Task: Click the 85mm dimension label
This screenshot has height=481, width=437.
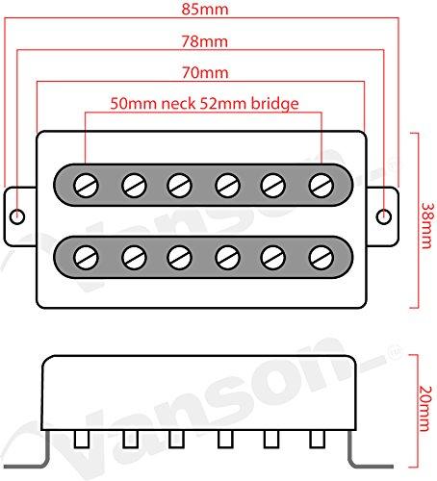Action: (x=205, y=9)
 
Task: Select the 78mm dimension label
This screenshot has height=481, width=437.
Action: (x=205, y=41)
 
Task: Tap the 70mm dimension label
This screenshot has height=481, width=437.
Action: (x=205, y=72)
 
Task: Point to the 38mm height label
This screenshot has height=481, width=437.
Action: (x=426, y=225)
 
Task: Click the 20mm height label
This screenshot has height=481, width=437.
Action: (x=425, y=409)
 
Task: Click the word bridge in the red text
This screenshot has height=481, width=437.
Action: (x=274, y=104)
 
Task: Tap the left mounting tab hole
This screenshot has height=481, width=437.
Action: (x=17, y=216)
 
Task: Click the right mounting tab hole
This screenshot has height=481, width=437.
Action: (x=383, y=216)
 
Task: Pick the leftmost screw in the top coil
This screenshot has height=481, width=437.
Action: (x=86, y=186)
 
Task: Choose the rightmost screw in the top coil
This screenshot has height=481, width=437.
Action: (x=321, y=186)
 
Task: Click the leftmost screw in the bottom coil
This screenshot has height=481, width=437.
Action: (x=86, y=258)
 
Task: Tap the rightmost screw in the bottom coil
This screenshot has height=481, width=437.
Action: (x=321, y=258)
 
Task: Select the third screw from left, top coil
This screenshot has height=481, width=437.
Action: (x=180, y=186)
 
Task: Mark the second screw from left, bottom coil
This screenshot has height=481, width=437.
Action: (x=134, y=258)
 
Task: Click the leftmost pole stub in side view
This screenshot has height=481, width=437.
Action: (x=82, y=439)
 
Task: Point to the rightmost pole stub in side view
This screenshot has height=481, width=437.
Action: (x=318, y=439)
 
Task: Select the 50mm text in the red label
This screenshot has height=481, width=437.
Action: (x=134, y=103)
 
